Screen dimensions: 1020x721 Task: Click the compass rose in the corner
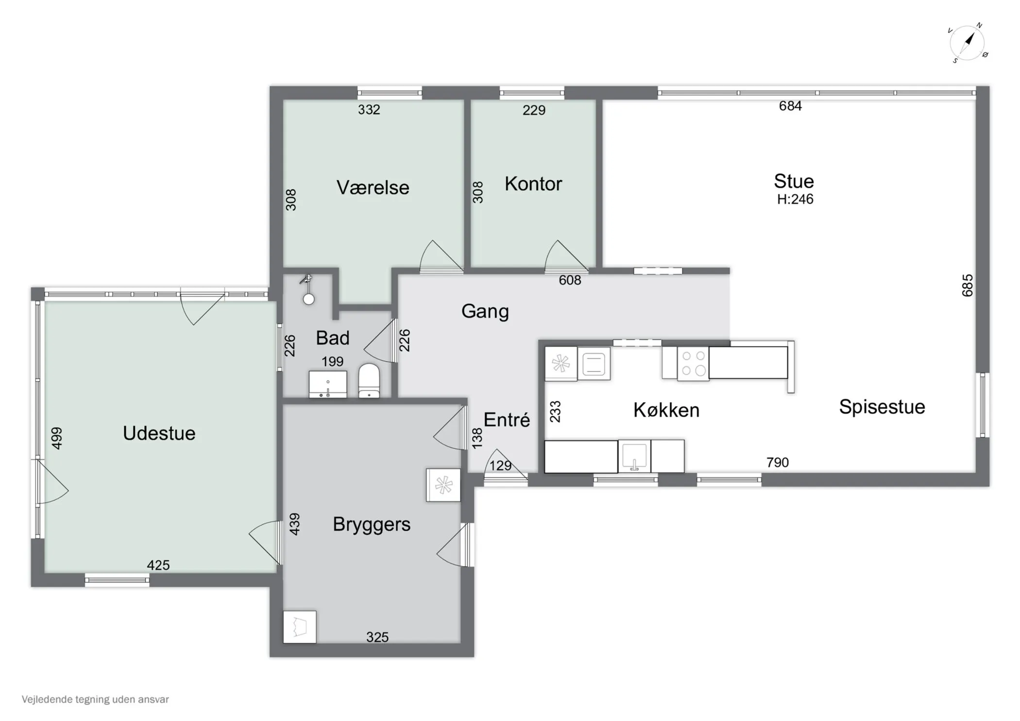pos(967,43)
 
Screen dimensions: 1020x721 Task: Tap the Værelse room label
pos(373,187)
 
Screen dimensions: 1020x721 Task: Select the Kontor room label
pos(533,184)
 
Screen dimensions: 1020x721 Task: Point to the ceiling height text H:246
pos(795,199)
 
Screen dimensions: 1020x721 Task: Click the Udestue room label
pos(159,433)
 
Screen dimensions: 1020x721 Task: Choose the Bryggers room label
pos(372,524)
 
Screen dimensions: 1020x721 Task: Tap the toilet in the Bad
pos(369,381)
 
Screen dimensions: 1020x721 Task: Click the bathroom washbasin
pos(328,385)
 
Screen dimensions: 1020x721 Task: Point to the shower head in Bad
pos(307,290)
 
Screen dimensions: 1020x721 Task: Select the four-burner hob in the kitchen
pos(693,363)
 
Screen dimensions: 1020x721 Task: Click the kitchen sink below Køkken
pos(634,456)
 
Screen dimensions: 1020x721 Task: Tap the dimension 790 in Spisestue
pos(777,462)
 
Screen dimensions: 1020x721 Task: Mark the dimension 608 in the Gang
pos(570,280)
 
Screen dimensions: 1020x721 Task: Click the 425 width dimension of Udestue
pos(158,565)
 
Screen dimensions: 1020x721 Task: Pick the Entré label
pos(507,420)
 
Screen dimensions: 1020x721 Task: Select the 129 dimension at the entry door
pos(500,466)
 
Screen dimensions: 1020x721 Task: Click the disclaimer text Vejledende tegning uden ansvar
pos(95,700)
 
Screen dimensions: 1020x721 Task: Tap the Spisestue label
pos(882,407)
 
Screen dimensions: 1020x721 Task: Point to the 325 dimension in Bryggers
pos(377,637)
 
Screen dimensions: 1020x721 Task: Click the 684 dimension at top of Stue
pos(790,106)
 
